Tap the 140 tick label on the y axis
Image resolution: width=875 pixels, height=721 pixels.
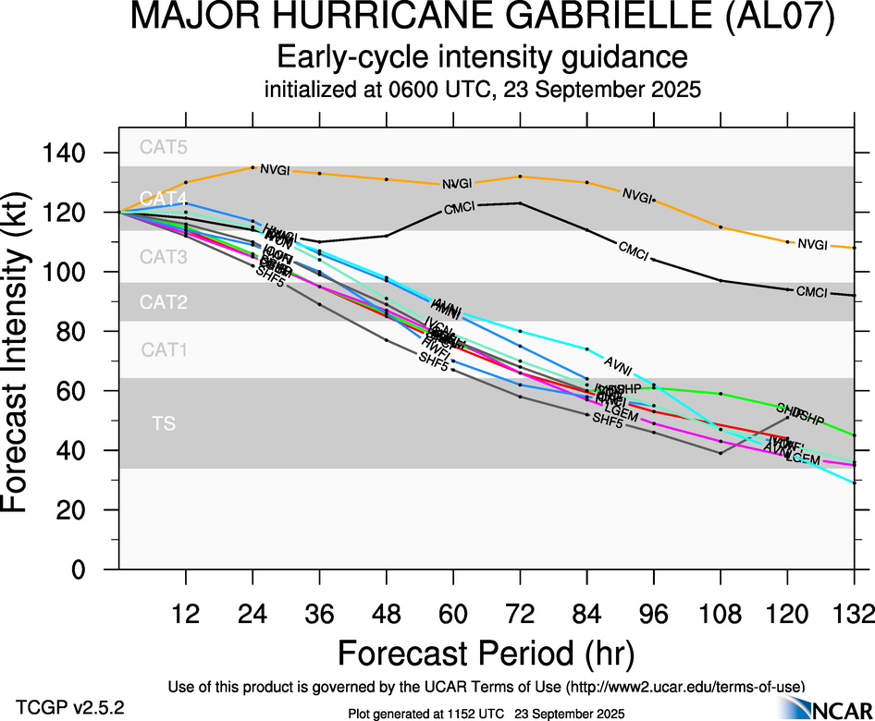click(x=68, y=153)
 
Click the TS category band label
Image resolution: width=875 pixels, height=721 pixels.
click(x=164, y=423)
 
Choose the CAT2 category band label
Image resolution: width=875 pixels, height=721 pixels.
click(x=164, y=302)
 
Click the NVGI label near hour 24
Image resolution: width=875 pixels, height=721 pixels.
click(x=276, y=169)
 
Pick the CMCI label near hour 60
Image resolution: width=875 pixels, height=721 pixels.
click(x=460, y=208)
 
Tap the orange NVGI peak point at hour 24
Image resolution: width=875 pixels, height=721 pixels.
click(x=253, y=167)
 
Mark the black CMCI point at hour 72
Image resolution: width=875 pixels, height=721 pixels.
click(x=521, y=202)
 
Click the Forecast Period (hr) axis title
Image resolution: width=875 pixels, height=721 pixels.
click(x=486, y=653)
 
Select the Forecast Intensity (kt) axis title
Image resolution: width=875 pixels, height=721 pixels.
click(x=22, y=361)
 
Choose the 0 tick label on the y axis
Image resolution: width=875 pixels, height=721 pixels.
click(x=80, y=569)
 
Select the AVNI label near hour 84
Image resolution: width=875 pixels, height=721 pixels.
click(x=621, y=361)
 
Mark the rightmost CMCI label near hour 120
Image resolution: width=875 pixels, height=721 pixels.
click(x=812, y=292)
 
